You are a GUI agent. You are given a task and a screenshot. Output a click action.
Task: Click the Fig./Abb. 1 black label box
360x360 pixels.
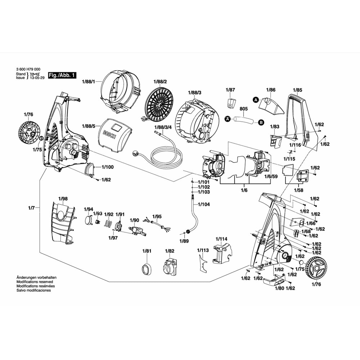(63, 76)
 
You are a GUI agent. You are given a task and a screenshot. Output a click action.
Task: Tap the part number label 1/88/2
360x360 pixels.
(160, 82)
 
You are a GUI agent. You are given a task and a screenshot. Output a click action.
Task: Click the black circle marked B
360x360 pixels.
(260, 123)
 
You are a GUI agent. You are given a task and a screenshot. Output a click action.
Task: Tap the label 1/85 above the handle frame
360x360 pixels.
(298, 90)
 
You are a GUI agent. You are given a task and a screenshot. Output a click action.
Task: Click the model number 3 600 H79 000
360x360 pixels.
(28, 69)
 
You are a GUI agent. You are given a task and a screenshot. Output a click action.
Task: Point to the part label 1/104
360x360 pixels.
(203, 204)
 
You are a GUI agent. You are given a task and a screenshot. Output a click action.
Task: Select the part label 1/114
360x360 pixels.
(221, 239)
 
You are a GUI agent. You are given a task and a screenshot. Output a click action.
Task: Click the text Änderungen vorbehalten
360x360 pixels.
(37, 278)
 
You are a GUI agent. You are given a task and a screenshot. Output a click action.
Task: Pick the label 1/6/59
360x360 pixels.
(271, 176)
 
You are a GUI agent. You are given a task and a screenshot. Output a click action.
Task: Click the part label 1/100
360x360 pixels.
(108, 167)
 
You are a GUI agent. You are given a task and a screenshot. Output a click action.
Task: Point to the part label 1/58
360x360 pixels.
(299, 190)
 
